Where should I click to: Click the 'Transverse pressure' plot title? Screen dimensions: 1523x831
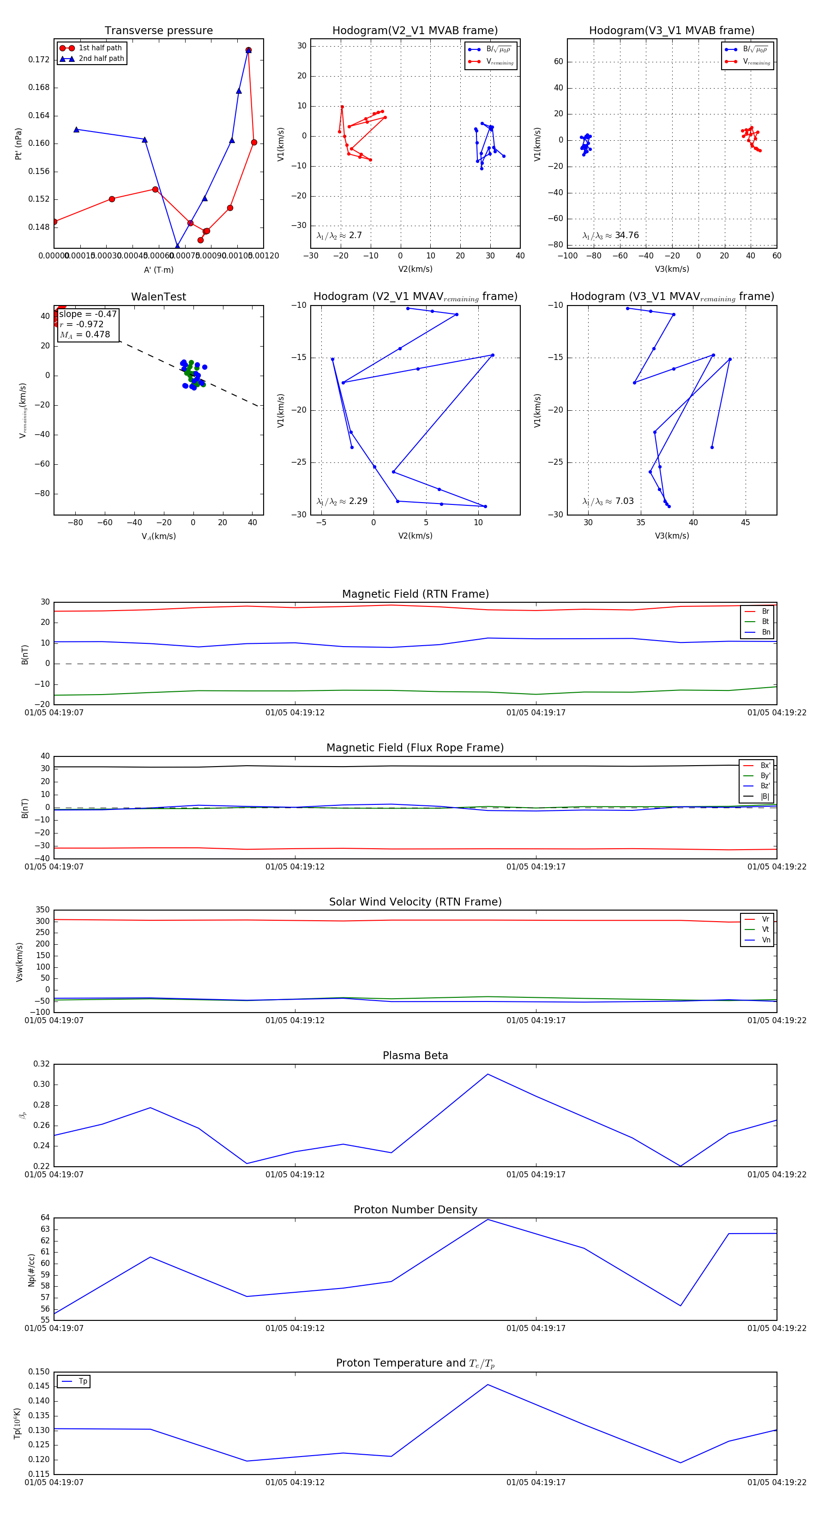[x=158, y=31]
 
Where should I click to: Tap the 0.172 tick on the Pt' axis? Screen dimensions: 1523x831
[x=39, y=60]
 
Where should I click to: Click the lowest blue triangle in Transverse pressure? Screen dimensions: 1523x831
[x=177, y=246]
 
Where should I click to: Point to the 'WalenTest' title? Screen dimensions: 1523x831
[x=158, y=297]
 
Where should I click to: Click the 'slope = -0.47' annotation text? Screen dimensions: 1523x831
[x=88, y=314]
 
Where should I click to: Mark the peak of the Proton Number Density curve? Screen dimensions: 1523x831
[x=488, y=1220]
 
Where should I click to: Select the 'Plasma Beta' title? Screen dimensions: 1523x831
[x=415, y=1056]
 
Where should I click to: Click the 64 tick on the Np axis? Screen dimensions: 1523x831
[x=45, y=1218]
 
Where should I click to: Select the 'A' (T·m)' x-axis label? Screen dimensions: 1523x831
[x=158, y=270]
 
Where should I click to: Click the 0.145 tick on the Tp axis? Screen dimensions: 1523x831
[x=39, y=1386]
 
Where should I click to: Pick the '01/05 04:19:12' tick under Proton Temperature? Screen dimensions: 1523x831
[x=295, y=1482]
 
